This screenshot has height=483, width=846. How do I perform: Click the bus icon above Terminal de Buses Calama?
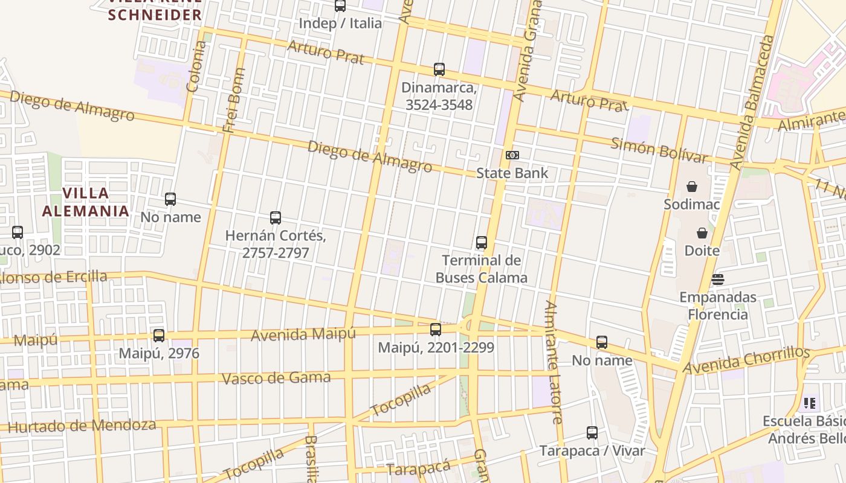pos(482,243)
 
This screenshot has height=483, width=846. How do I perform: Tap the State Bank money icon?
pos(512,155)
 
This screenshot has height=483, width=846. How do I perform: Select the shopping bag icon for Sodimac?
pos(692,187)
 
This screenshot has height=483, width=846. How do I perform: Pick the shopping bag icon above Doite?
pos(702,233)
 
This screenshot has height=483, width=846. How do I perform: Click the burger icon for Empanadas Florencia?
pos(718,280)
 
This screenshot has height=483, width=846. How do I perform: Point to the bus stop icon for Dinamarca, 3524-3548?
pos(439,69)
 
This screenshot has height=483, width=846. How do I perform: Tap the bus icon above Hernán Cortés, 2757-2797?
pos(276,218)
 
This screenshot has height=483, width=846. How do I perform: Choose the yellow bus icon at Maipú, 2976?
pos(159,335)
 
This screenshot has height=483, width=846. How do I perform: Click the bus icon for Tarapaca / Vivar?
pos(592,433)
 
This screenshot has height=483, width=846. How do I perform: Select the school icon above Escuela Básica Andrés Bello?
pos(810,403)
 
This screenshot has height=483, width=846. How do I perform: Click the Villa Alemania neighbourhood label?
pos(85,202)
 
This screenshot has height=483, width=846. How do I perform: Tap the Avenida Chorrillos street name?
pos(746,360)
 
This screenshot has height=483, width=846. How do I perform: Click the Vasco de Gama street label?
pos(276,379)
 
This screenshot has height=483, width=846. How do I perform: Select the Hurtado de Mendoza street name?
pos(82,426)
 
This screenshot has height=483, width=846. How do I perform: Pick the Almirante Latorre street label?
pos(554,362)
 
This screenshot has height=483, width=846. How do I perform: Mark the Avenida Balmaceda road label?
pos(752,103)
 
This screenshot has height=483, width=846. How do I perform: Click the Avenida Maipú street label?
pos(303,334)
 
